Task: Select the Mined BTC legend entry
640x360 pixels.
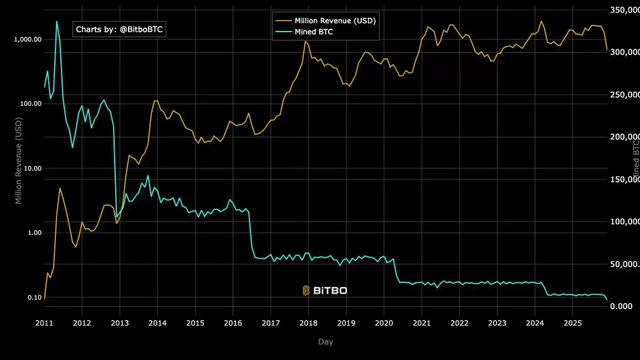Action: click(314, 32)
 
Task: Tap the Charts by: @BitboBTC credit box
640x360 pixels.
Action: click(119, 29)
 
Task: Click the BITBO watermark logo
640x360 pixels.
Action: click(325, 290)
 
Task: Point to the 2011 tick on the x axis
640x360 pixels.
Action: click(44, 323)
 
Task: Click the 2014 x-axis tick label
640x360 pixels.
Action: click(157, 323)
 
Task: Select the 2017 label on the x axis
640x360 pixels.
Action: click(270, 323)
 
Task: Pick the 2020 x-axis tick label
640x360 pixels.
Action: click(384, 323)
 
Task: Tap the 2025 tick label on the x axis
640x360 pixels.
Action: click(573, 323)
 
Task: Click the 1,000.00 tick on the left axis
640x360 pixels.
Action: click(28, 39)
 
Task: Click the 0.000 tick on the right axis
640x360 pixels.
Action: click(621, 307)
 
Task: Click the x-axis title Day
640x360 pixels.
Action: click(326, 342)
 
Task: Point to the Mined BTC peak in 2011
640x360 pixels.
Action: click(57, 22)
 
